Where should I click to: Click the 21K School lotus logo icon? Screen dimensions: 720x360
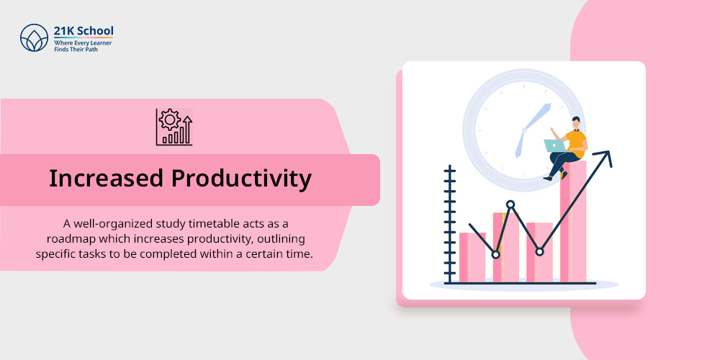(34, 37)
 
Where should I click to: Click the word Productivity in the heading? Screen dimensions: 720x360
(241, 179)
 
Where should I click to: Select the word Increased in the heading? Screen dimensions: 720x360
(106, 178)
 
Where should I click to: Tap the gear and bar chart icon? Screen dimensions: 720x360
(174, 127)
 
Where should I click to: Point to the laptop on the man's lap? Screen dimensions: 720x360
(555, 145)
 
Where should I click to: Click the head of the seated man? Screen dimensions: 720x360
(575, 122)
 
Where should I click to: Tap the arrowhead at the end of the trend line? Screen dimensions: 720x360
(606, 158)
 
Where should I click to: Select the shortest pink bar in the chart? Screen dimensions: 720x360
(472, 257)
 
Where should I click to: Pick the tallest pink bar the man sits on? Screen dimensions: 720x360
(573, 221)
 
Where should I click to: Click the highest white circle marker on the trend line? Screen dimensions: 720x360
(510, 204)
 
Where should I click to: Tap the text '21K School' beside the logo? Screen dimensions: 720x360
(84, 31)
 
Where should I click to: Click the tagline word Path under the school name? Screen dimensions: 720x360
(91, 49)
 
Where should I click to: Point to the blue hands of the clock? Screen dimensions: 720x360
(532, 128)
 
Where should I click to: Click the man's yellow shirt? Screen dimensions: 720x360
(576, 140)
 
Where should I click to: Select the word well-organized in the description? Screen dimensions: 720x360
(105, 225)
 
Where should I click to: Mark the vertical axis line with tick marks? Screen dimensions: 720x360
(450, 224)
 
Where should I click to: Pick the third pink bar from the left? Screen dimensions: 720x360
(539, 252)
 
